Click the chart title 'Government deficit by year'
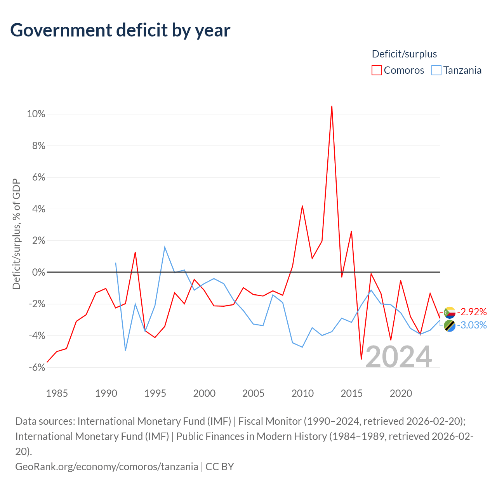click(x=120, y=30)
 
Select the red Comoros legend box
click(x=376, y=70)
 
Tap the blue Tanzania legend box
click(x=436, y=70)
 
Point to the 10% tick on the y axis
click(x=36, y=114)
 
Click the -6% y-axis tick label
click(x=37, y=368)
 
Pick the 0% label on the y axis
click(x=39, y=272)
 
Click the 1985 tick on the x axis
click(x=57, y=393)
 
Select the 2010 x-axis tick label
click(x=302, y=393)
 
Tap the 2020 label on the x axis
click(x=401, y=393)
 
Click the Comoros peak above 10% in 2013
click(x=332, y=106)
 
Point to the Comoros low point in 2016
click(x=361, y=359)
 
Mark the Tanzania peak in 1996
click(x=165, y=247)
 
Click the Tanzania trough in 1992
click(x=125, y=350)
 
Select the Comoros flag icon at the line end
click(x=450, y=313)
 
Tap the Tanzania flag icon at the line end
click(x=450, y=326)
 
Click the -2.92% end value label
click(x=472, y=312)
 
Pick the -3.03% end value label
click(x=472, y=325)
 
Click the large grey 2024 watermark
click(x=399, y=357)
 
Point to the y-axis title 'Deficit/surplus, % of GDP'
click(x=17, y=234)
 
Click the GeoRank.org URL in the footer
click(x=106, y=467)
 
